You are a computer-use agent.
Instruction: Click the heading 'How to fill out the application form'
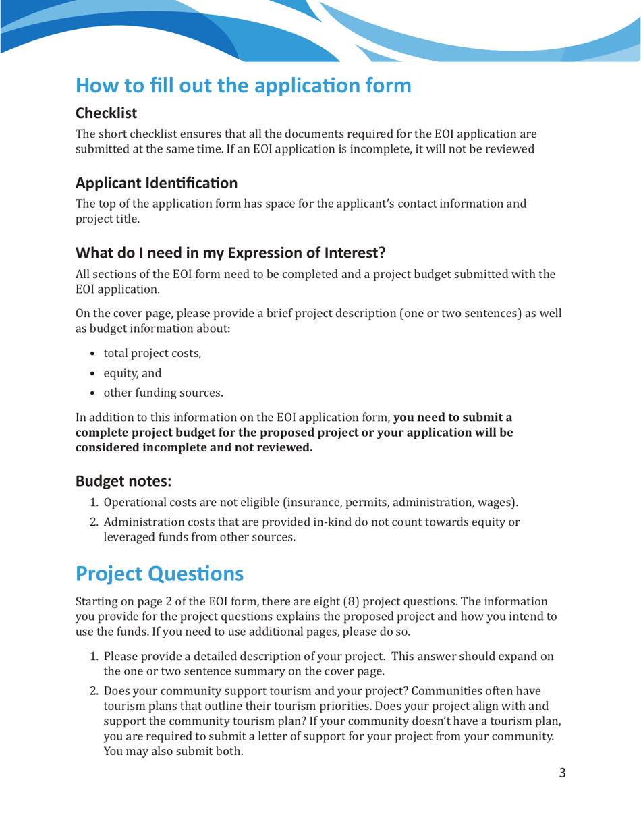point(243,86)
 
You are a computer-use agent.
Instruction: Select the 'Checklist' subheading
point(107,114)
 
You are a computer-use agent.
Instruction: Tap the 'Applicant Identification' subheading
point(156,182)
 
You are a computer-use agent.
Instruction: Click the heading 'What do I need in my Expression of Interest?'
point(230,254)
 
